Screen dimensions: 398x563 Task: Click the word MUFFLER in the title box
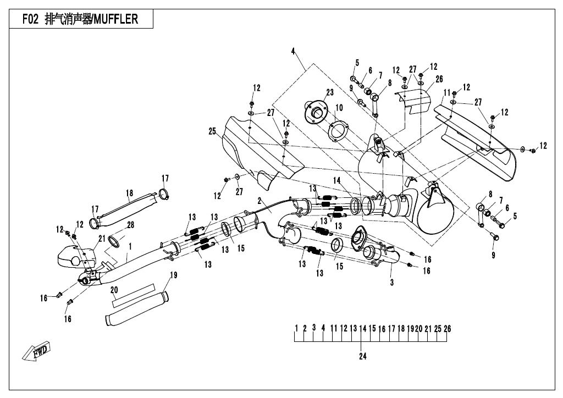(115, 20)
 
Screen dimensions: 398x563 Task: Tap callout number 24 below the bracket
(362, 356)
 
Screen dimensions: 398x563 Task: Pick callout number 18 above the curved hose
(130, 193)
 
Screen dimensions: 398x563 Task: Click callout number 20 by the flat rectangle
(114, 290)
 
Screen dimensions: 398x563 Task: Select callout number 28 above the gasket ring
(130, 224)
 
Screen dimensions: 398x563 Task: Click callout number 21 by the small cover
(102, 238)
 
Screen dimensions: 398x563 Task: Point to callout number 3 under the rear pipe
(391, 282)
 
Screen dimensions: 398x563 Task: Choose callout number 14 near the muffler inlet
(336, 180)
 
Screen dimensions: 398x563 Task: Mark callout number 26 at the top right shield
(439, 79)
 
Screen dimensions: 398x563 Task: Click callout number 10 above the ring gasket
(339, 107)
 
